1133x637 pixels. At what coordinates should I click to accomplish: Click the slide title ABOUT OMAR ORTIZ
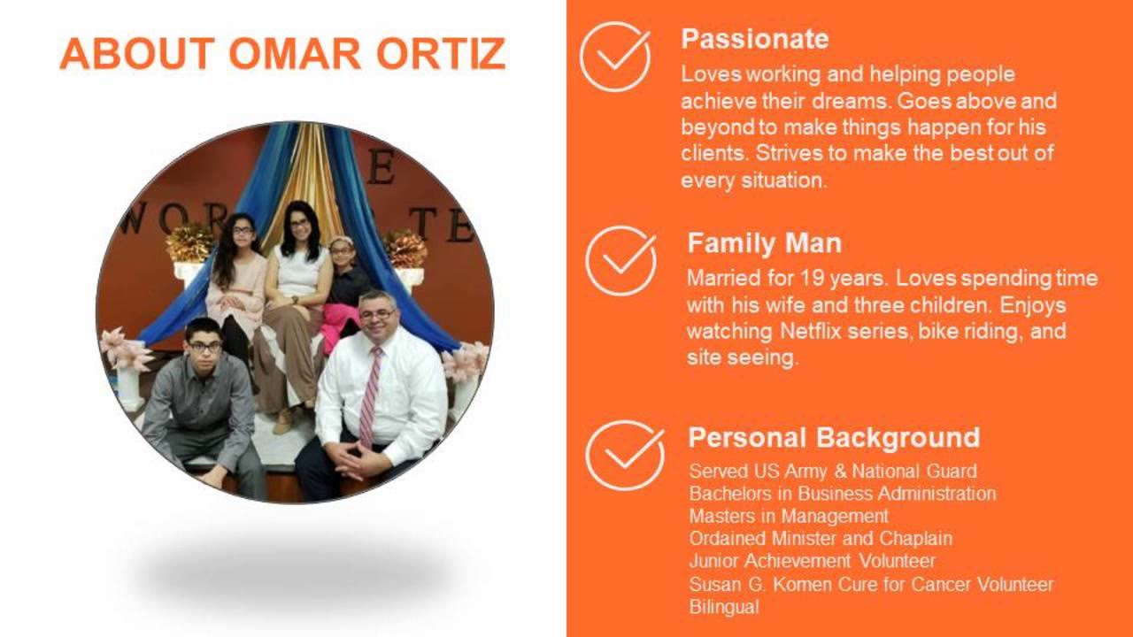point(282,54)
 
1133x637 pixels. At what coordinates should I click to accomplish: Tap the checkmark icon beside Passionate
point(615,57)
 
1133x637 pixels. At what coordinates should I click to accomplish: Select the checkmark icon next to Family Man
point(620,261)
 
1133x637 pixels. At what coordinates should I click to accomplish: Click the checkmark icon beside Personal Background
point(624,455)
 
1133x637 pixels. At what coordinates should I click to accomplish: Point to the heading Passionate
point(754,39)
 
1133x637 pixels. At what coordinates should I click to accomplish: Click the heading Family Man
point(764,243)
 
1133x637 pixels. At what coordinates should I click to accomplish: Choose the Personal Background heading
point(834,438)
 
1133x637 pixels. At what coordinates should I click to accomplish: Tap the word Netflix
point(813,332)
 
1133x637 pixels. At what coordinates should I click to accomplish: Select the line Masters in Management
point(789,516)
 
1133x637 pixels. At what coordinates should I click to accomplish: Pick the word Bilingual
point(724,607)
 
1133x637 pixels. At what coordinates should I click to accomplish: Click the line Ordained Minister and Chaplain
point(821,538)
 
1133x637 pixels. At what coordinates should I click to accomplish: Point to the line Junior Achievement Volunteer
point(812,561)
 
